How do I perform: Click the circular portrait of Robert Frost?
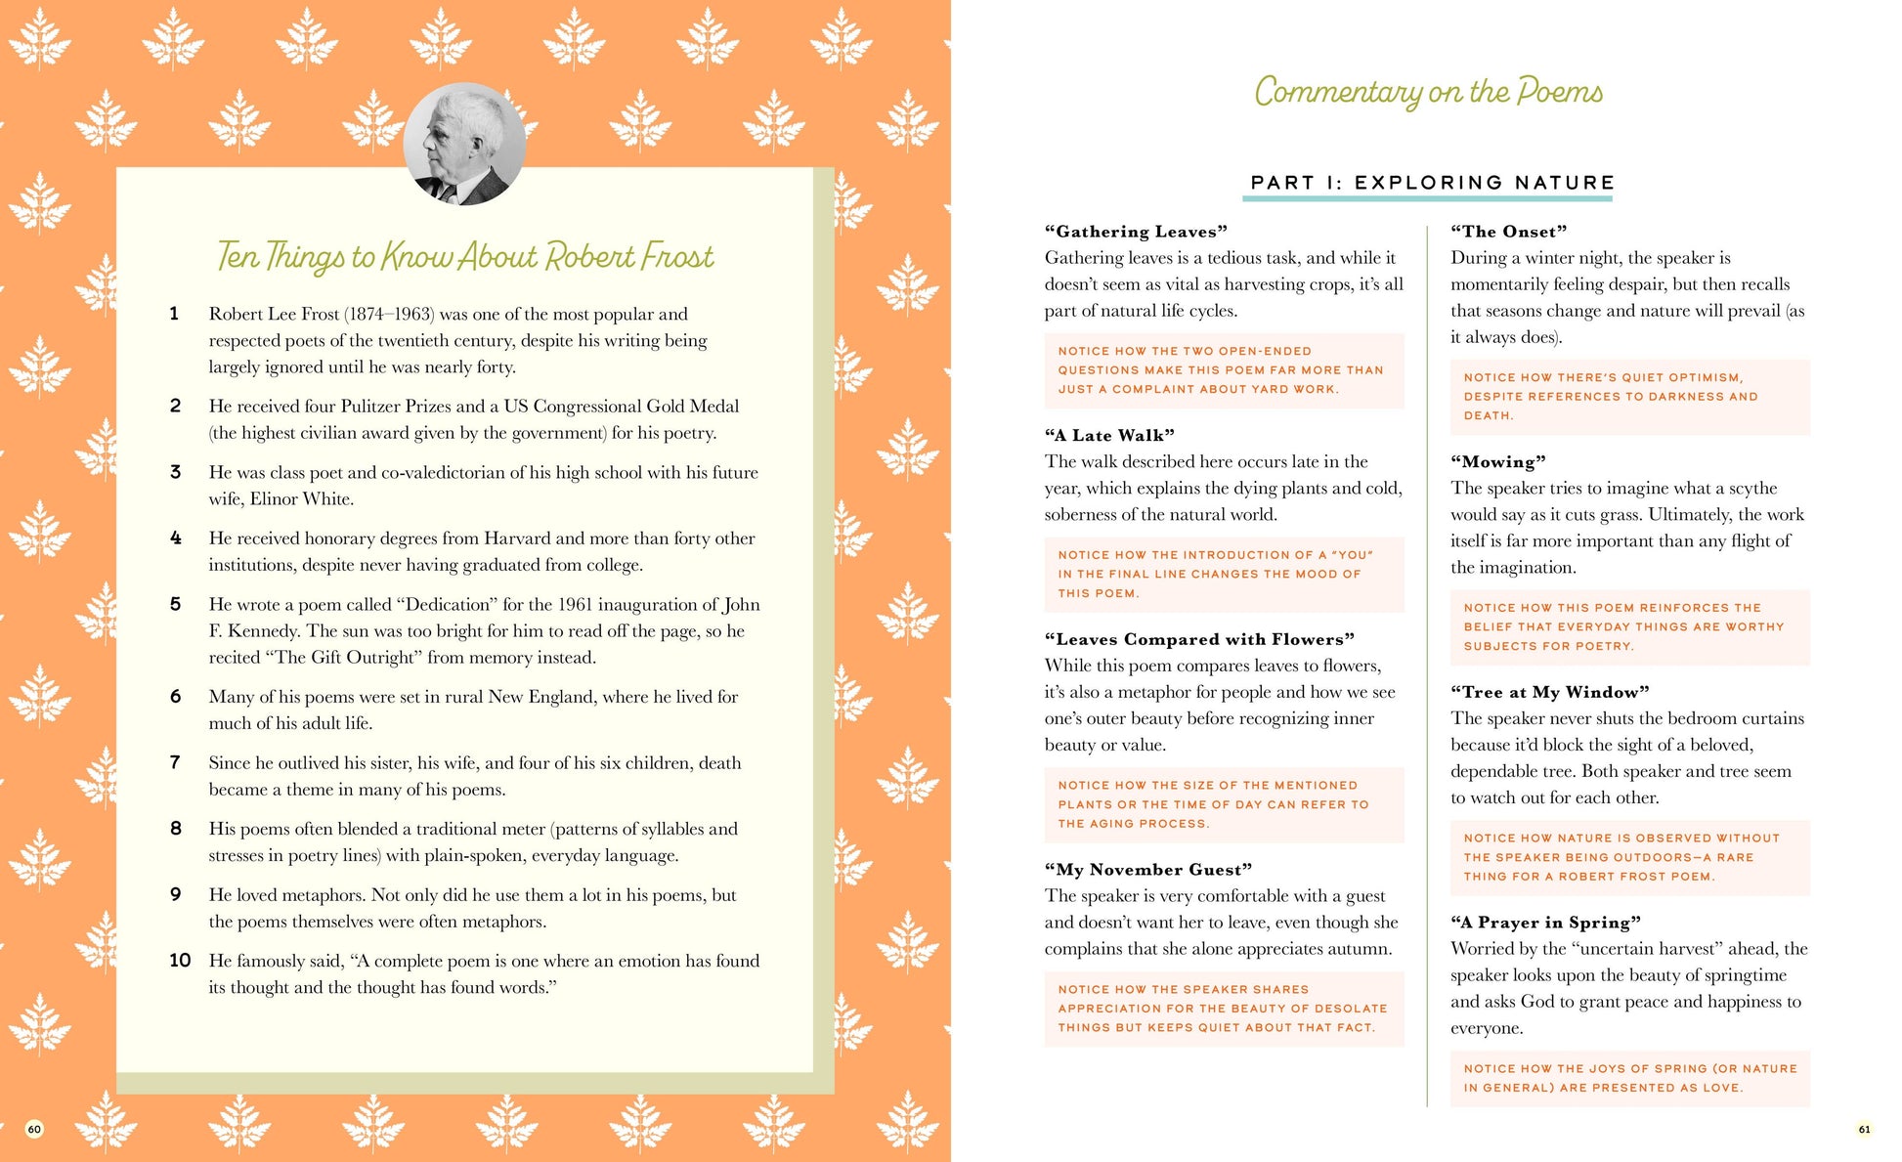coord(464,144)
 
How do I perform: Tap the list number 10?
coord(180,961)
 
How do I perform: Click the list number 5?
coord(175,604)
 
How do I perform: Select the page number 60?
coord(34,1129)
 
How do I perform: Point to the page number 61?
coord(1864,1129)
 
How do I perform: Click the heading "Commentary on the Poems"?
coord(1428,92)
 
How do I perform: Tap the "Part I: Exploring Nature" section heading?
coord(1432,183)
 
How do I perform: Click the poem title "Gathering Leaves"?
coord(1136,232)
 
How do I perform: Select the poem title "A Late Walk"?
coord(1109,436)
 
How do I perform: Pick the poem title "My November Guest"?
coord(1147,870)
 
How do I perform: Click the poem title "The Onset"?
coord(1508,232)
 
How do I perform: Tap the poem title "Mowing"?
coord(1497,462)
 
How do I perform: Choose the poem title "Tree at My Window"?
coord(1549,692)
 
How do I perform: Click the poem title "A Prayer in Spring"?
coord(1545,923)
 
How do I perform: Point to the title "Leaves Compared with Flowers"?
coord(1199,639)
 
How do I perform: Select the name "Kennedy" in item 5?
coord(263,631)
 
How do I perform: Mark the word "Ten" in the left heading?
coord(238,256)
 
